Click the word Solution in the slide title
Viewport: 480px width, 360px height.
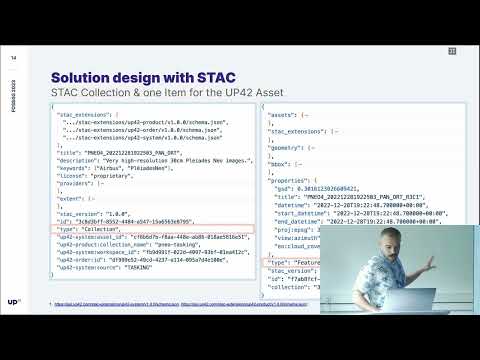click(x=83, y=77)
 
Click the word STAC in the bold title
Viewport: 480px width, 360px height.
click(x=214, y=77)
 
